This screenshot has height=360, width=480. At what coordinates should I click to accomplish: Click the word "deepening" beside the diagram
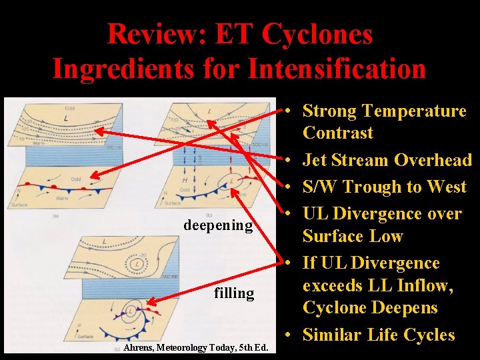point(218,225)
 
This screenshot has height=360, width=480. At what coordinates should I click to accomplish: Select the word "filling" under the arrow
point(234,293)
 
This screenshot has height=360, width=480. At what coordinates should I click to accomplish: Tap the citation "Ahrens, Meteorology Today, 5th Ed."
point(196,347)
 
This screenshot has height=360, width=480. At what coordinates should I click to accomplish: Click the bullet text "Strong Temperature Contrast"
point(384,121)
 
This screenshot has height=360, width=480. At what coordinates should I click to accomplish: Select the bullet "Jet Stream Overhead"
point(387,160)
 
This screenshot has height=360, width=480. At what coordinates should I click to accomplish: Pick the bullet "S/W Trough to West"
point(384,187)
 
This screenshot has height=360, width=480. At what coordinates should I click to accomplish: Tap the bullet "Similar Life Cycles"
point(379,335)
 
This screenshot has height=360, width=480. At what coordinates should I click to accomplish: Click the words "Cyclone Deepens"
point(370,308)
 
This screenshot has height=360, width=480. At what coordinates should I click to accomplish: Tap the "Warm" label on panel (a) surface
point(62,198)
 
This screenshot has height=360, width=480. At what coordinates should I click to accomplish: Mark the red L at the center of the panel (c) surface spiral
point(131,311)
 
